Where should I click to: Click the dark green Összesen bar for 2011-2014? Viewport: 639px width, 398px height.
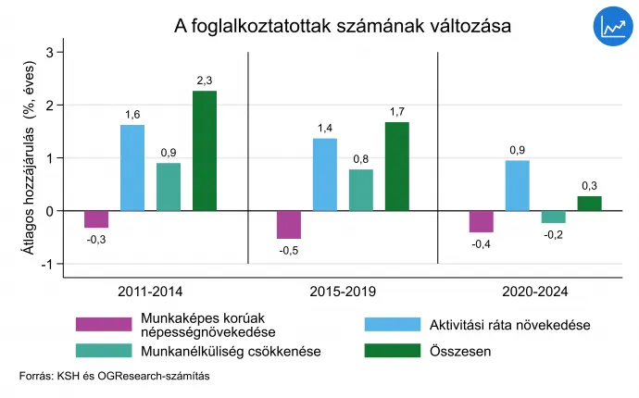pyautogui.click(x=205, y=150)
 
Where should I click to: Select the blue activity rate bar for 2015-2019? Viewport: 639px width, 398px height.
pyautogui.click(x=325, y=174)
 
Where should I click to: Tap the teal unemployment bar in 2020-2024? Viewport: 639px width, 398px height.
pyautogui.click(x=554, y=217)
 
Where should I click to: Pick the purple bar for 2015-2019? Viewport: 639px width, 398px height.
pyautogui.click(x=289, y=225)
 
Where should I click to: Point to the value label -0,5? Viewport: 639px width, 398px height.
pyautogui.click(x=289, y=250)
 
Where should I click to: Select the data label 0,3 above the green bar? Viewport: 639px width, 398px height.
pyautogui.click(x=590, y=186)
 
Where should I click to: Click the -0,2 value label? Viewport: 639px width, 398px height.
pyautogui.click(x=554, y=235)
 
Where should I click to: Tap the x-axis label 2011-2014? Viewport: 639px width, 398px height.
pyautogui.click(x=150, y=292)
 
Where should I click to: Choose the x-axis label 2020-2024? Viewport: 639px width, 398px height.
pyautogui.click(x=534, y=292)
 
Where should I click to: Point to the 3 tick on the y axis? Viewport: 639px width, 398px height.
pyautogui.click(x=49, y=52)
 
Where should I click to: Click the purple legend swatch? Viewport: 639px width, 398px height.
pyautogui.click(x=103, y=324)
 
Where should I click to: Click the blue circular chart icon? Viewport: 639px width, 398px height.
pyautogui.click(x=612, y=27)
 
